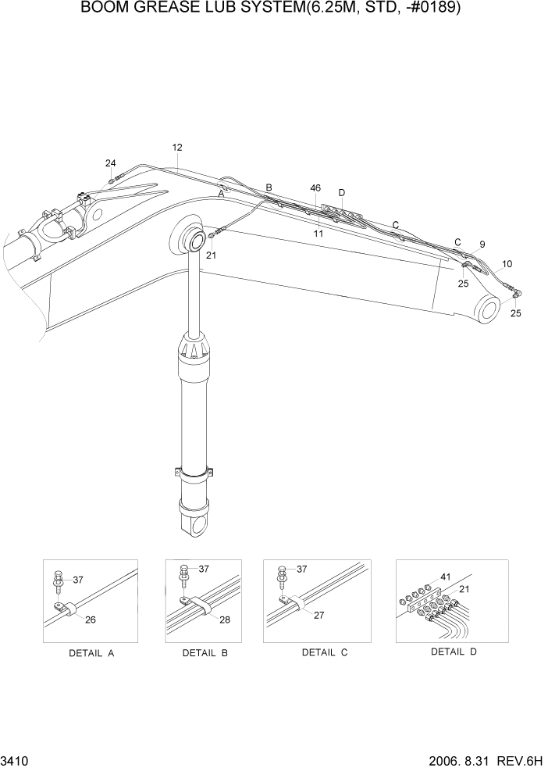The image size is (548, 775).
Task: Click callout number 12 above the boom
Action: click(177, 147)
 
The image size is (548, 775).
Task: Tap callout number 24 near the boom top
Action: click(111, 163)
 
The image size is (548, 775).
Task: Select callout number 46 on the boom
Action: click(315, 188)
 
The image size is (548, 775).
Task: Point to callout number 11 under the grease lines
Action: click(318, 233)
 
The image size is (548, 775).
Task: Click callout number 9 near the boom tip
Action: click(482, 245)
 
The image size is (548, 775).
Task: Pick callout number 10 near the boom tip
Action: click(507, 264)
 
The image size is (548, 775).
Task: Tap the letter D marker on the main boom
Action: click(341, 193)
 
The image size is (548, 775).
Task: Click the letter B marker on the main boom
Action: click(269, 187)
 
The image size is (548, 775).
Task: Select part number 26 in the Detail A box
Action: click(91, 620)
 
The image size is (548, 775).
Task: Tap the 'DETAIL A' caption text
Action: click(91, 653)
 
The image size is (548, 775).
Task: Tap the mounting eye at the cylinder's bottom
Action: click(194, 525)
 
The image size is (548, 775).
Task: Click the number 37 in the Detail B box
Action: click(203, 569)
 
